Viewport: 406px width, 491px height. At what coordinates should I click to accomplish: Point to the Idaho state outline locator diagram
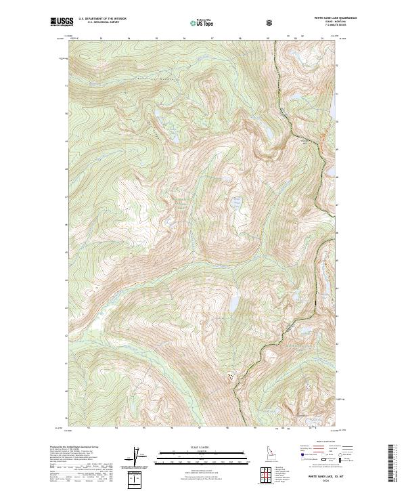click(268, 453)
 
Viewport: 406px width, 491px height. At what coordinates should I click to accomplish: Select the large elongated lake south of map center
click(233, 303)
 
